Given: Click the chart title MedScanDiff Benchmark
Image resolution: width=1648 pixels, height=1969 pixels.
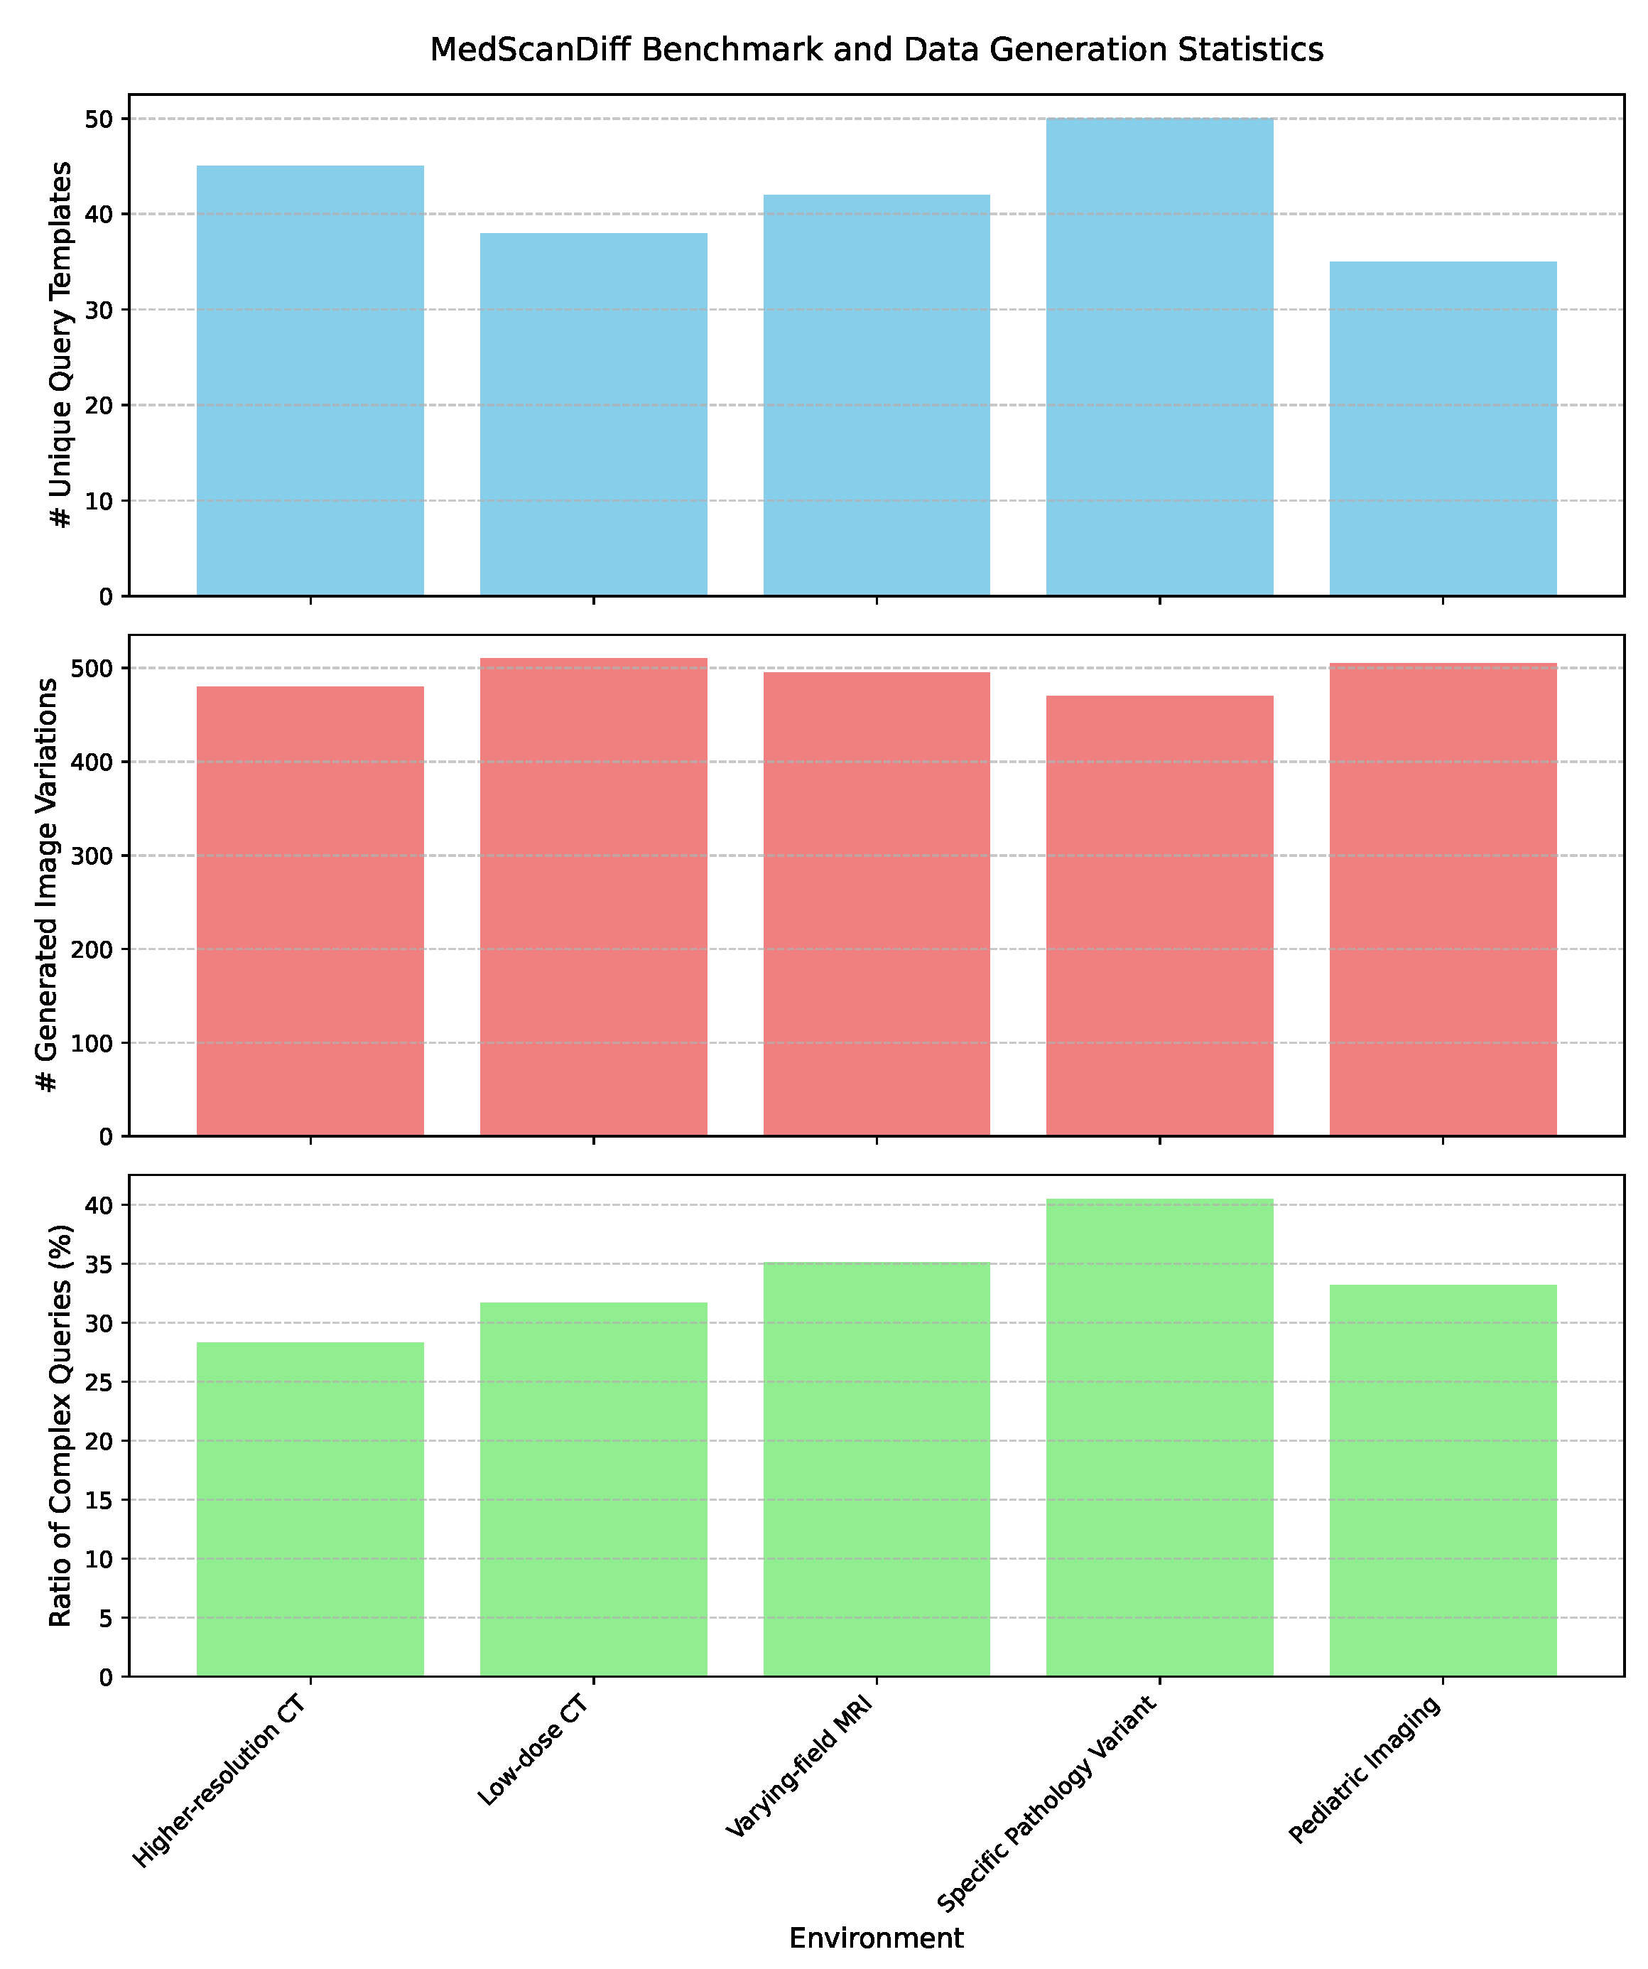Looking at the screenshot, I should tap(876, 50).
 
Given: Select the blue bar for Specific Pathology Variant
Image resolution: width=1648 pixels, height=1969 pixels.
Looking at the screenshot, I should tap(1159, 356).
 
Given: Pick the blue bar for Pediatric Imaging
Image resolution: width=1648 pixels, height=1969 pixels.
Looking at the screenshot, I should tap(1443, 428).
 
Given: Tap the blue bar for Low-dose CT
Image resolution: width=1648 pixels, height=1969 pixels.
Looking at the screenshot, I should tap(593, 414).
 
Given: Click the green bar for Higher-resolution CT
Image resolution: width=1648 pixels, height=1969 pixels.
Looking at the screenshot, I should tap(310, 1509).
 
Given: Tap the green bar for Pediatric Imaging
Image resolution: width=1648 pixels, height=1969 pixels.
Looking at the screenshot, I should tap(1443, 1481).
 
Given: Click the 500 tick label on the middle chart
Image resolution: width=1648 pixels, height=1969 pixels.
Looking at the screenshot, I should tap(94, 669).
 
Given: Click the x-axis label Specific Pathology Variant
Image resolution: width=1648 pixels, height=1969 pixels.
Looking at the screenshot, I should tap(1048, 1805).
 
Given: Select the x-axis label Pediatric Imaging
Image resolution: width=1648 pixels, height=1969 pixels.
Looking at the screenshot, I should tap(1364, 1772).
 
